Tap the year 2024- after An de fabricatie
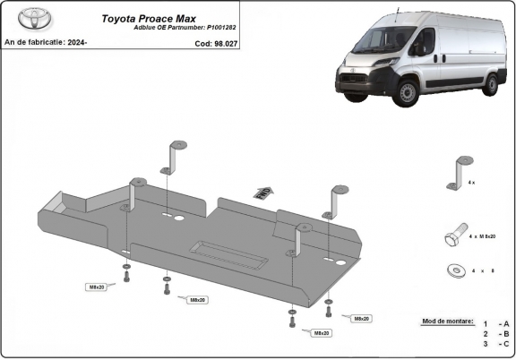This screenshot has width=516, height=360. pos(77,41)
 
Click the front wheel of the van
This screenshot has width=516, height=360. pos(408,90)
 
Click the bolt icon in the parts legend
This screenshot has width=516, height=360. pos(453,236)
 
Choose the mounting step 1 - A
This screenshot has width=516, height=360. pos(496,323)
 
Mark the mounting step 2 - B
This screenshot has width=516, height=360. pos(496,333)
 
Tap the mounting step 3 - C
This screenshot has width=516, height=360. pos(496,343)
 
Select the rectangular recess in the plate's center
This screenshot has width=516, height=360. pos(228,253)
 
